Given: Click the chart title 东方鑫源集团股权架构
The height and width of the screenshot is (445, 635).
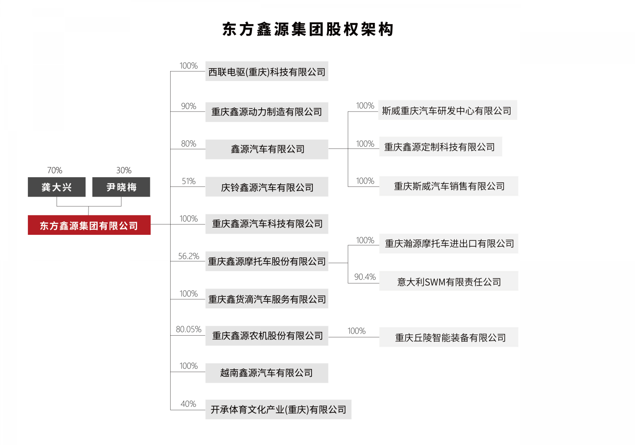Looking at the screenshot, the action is pyautogui.click(x=308, y=29).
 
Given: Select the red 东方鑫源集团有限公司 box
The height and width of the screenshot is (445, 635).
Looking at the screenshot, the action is pyautogui.click(x=89, y=225).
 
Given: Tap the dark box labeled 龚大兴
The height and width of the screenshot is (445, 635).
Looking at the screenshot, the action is pyautogui.click(x=57, y=187).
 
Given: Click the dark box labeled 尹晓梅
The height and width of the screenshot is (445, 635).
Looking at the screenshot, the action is pyautogui.click(x=121, y=187).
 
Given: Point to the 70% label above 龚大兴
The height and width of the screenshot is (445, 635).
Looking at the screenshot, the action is pyautogui.click(x=55, y=170).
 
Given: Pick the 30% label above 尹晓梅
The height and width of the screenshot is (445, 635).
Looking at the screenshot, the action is pyautogui.click(x=124, y=170).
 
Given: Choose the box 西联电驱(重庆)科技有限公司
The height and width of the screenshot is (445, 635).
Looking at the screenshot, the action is pyautogui.click(x=267, y=71).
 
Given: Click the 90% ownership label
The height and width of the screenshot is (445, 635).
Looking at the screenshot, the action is pyautogui.click(x=188, y=106).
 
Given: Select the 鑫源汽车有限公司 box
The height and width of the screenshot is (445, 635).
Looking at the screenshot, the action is pyautogui.click(x=267, y=149).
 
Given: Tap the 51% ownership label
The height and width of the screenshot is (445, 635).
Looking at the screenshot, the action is pyautogui.click(x=188, y=181).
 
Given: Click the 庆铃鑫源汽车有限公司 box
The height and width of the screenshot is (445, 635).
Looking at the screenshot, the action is pyautogui.click(x=267, y=187).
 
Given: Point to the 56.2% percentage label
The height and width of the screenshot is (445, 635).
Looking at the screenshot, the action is pyautogui.click(x=188, y=256).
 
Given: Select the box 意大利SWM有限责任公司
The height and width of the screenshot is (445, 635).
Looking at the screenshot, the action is pyautogui.click(x=449, y=281).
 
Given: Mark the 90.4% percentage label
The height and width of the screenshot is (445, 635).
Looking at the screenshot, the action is pyautogui.click(x=365, y=277).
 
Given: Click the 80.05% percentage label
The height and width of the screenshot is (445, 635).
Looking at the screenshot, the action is pyautogui.click(x=188, y=329).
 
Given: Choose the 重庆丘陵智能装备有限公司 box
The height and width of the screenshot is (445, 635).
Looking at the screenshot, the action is pyautogui.click(x=449, y=337).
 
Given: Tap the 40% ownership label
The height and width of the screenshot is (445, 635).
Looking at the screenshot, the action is pyautogui.click(x=188, y=404).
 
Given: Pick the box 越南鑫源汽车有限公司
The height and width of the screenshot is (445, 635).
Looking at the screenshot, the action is pyautogui.click(x=267, y=373).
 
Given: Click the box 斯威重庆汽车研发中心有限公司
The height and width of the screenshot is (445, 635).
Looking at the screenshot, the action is pyautogui.click(x=447, y=110).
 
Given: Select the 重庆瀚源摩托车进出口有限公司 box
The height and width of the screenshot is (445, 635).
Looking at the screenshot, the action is pyautogui.click(x=449, y=244).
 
